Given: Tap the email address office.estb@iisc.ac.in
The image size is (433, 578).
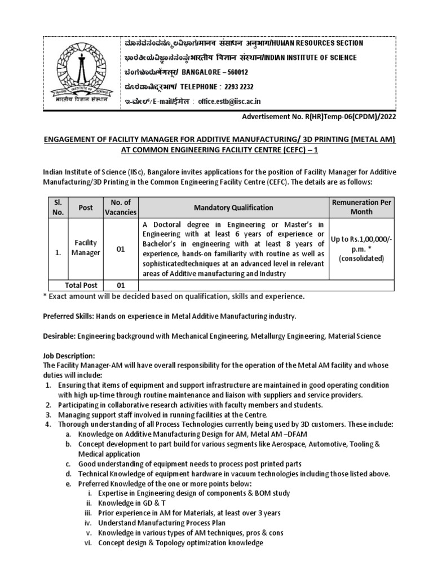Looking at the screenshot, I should click(x=229, y=102).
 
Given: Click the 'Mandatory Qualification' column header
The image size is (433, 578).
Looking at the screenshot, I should click(x=233, y=207).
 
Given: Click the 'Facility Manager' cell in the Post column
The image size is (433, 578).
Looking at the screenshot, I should click(x=85, y=247).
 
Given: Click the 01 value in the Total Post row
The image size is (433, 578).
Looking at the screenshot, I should click(x=120, y=286).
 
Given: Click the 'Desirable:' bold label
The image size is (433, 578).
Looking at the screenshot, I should click(x=60, y=336).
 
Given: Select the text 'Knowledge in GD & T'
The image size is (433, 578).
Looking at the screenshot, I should click(x=130, y=503).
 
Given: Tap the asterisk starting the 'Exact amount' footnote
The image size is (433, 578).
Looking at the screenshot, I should click(x=45, y=296).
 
